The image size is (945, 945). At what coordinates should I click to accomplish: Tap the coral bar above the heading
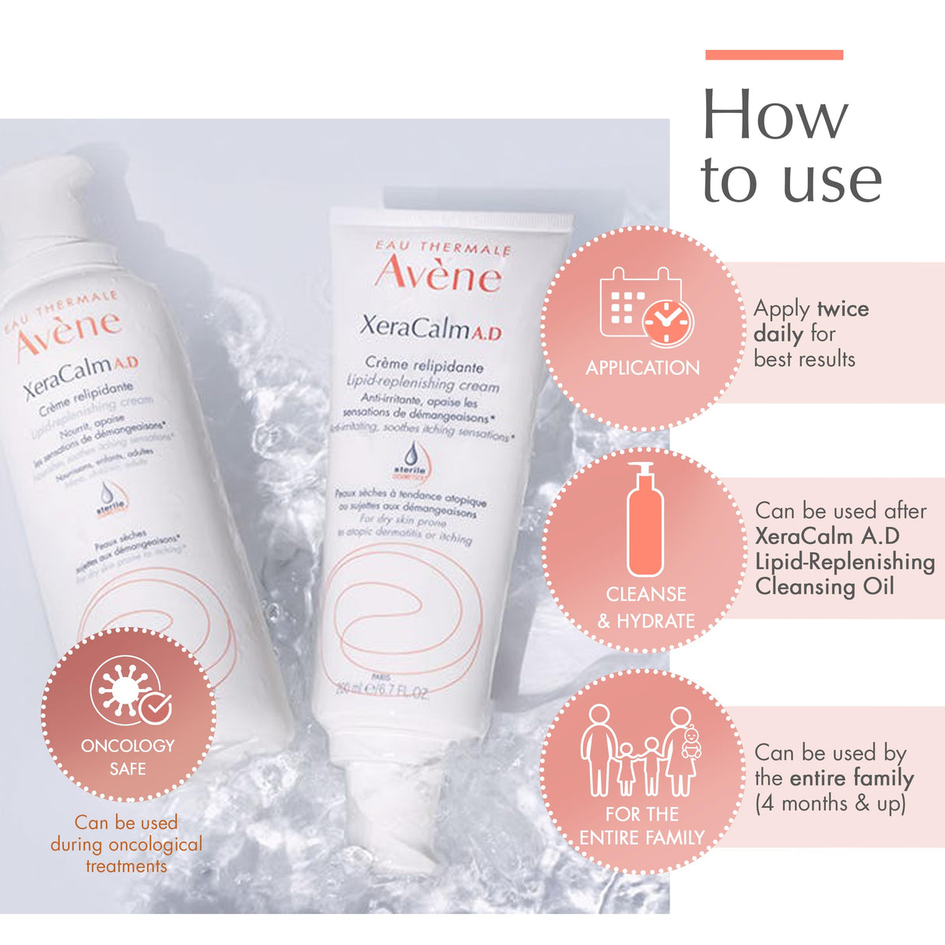pyautogui.click(x=774, y=54)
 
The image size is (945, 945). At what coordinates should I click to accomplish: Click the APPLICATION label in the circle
pyautogui.click(x=643, y=368)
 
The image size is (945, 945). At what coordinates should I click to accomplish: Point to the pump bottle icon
pyautogui.click(x=645, y=519)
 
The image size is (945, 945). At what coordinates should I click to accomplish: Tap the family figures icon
pyautogui.click(x=640, y=751)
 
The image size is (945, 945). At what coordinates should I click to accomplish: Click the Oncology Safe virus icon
pyautogui.click(x=129, y=690)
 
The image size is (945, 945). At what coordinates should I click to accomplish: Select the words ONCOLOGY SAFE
pyautogui.click(x=128, y=757)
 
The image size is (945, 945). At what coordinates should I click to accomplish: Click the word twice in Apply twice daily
pyautogui.click(x=842, y=309)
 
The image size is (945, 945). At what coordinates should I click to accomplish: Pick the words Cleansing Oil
pyautogui.click(x=824, y=586)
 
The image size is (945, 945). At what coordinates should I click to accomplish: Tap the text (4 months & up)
pyautogui.click(x=830, y=803)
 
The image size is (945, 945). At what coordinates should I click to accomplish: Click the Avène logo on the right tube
pyautogui.click(x=438, y=273)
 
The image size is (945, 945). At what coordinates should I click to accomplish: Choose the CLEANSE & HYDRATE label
pyautogui.click(x=645, y=608)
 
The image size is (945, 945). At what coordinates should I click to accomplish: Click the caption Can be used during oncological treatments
pyautogui.click(x=126, y=844)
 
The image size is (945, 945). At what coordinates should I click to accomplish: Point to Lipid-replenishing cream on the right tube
pyautogui.click(x=422, y=383)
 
